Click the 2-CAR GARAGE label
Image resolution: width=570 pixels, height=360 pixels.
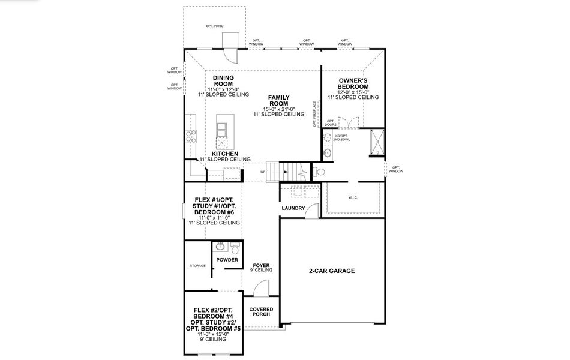pos(332,271)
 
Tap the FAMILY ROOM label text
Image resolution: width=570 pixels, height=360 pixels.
pos(279,101)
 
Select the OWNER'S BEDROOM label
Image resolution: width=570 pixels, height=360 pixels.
pos(353,83)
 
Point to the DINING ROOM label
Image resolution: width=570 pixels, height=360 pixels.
pos(223,81)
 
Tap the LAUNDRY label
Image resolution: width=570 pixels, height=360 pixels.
pos(293,209)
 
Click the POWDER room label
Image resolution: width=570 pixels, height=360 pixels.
pos(227,260)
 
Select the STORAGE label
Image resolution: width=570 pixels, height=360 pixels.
pos(197,266)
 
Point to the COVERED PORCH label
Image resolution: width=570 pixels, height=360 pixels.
pos(262,312)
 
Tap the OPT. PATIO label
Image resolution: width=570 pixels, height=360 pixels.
pos(214,26)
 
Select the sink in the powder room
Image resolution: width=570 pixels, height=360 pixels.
pos(220,247)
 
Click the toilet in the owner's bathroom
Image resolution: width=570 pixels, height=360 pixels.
pos(320,172)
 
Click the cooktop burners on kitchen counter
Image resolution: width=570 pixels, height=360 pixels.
pos(192,136)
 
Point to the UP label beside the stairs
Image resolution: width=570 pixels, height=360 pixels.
pos(263,172)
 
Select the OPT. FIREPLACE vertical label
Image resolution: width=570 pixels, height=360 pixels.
pos(314,114)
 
